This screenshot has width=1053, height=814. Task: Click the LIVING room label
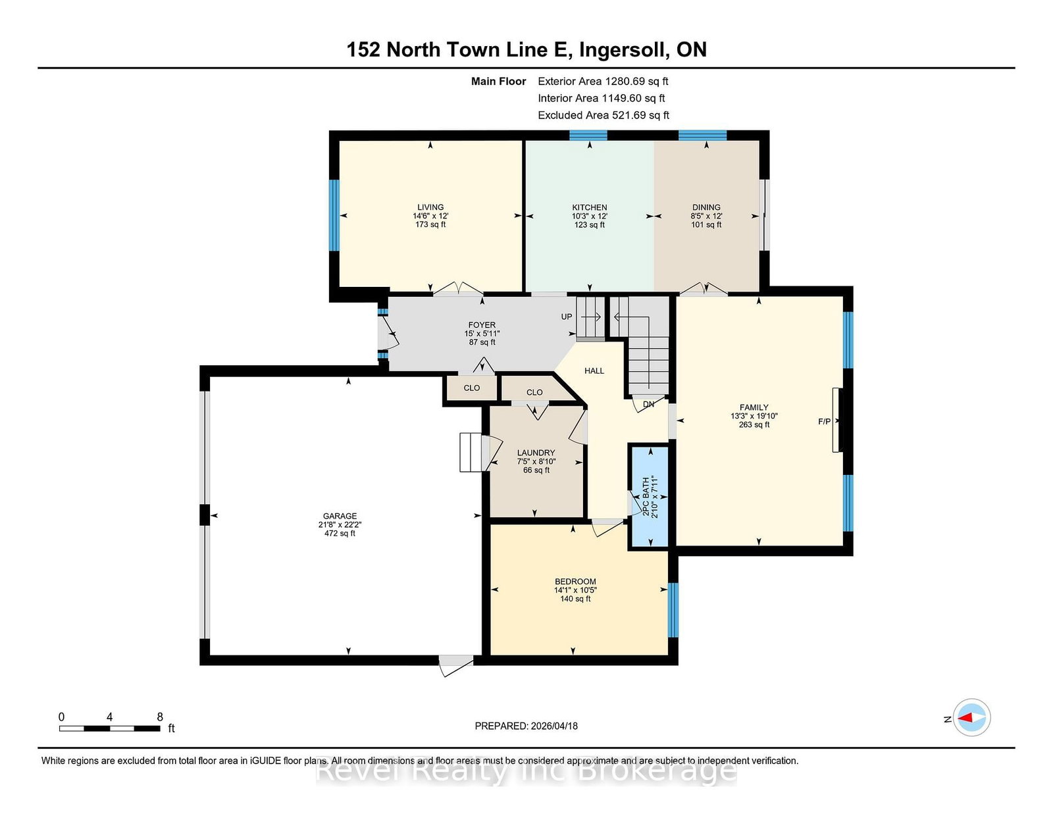[x=430, y=207]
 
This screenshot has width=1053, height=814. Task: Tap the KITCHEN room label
[x=589, y=207]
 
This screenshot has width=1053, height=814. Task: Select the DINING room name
[x=706, y=207]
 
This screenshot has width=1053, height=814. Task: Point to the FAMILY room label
[x=754, y=407]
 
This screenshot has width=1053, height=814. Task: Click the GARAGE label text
[x=340, y=516]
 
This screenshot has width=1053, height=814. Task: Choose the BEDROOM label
[x=575, y=582]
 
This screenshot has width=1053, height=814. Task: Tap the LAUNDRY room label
[x=536, y=453]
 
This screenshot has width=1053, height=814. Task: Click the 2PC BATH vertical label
[x=646, y=496]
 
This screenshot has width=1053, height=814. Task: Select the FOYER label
[x=482, y=325]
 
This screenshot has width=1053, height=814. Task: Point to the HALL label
[x=594, y=371]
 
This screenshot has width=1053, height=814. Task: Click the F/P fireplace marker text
[x=824, y=422]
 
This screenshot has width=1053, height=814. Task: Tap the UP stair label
[x=567, y=317]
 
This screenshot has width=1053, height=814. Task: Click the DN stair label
[x=648, y=404]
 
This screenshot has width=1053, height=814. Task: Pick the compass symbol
[x=971, y=717]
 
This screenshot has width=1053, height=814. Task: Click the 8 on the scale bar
[x=160, y=717]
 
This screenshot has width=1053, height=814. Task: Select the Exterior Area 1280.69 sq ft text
[x=603, y=82]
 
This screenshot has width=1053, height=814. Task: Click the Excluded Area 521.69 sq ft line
[x=604, y=115]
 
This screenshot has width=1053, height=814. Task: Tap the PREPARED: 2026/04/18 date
[x=526, y=726]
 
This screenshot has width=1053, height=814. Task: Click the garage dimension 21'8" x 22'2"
[x=340, y=524]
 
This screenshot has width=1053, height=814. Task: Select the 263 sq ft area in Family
[x=754, y=425]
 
